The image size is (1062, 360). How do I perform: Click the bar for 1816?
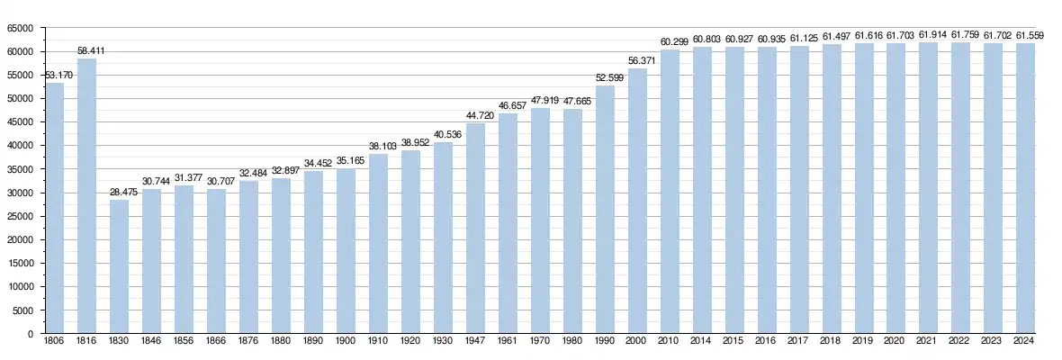point(86,196)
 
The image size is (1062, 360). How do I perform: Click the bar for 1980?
point(572,221)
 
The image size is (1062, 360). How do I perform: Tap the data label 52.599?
point(605,78)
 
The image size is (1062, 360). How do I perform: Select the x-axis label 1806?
point(54,342)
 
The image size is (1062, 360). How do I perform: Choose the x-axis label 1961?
point(508,342)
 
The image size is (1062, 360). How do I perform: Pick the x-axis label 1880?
point(281,342)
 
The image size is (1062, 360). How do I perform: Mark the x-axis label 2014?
point(702,342)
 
